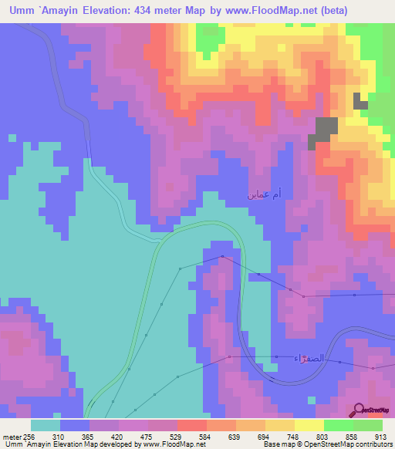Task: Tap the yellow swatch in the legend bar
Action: tap(309, 425)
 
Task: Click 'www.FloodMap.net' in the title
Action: tap(275, 10)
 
